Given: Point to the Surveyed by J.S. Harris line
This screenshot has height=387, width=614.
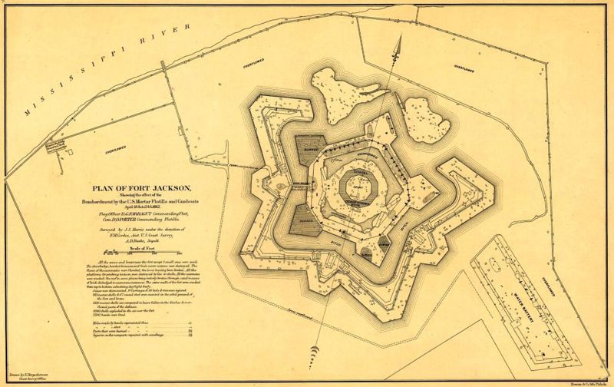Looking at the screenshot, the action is click(138, 230).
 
